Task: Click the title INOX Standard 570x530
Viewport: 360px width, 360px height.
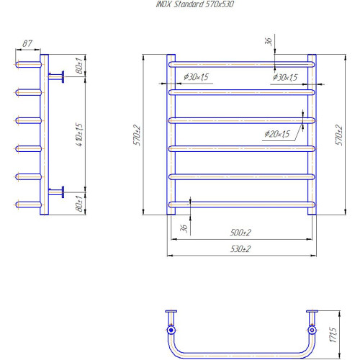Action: (x=194, y=4)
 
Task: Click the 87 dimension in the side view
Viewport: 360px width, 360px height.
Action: (x=27, y=43)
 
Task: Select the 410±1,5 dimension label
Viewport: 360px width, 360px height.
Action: (x=79, y=135)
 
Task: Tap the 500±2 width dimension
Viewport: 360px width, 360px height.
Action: (x=240, y=233)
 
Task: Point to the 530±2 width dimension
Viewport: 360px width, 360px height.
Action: (x=240, y=249)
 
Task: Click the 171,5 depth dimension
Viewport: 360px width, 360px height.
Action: (x=333, y=334)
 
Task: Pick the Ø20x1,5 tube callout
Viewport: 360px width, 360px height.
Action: (x=277, y=134)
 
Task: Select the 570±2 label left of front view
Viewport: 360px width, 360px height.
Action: (x=137, y=135)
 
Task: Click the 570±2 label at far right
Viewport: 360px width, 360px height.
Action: (x=339, y=135)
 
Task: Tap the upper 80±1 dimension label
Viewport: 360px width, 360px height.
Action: (x=79, y=66)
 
